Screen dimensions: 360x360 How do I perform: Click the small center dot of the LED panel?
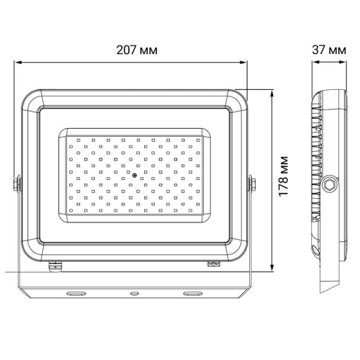(x=133, y=175)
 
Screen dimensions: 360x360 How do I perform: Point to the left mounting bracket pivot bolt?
(x=17, y=184)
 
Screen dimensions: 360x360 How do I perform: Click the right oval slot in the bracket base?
(x=193, y=294)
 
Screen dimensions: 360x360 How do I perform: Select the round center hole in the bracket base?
(x=133, y=294)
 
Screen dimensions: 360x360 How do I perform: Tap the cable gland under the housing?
(x=55, y=264)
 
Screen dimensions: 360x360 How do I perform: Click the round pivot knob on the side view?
(x=330, y=184)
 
